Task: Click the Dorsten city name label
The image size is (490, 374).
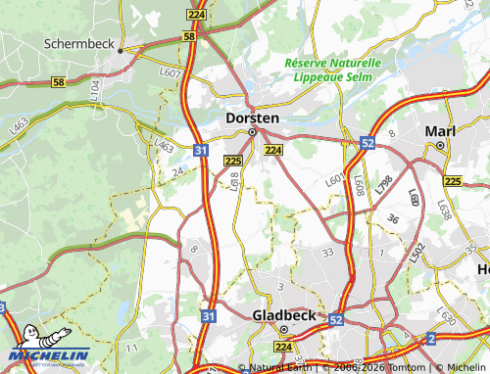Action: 252,117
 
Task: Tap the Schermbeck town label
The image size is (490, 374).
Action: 78,44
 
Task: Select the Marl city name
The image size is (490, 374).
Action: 440,130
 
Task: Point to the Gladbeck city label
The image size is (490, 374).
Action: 284,315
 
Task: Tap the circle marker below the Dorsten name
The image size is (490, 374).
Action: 252,132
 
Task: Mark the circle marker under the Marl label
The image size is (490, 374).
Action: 441,145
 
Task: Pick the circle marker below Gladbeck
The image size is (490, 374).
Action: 273,329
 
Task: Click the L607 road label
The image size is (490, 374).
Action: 171,72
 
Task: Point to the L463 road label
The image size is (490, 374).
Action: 164,146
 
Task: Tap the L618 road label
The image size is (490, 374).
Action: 235,179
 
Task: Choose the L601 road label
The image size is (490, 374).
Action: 334,180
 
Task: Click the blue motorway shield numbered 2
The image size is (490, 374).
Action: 431,339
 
